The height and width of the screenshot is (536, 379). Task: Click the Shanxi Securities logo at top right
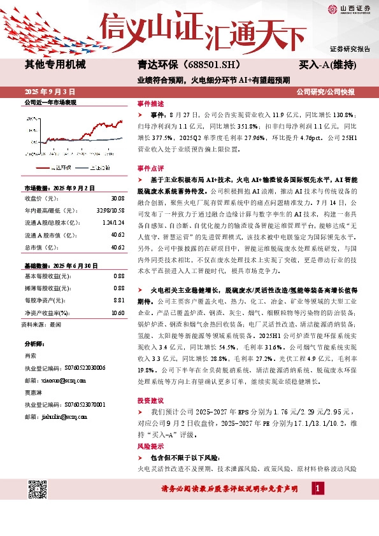(x=348, y=8)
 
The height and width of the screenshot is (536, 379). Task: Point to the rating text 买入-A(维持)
(x=327, y=65)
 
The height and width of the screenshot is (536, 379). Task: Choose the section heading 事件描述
(x=150, y=102)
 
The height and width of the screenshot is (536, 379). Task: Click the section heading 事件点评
(x=150, y=167)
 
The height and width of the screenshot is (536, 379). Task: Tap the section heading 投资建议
(x=150, y=400)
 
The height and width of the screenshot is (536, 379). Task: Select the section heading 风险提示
(x=150, y=446)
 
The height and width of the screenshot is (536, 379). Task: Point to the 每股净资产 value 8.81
(x=118, y=282)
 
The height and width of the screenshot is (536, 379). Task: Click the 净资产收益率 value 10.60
(x=117, y=295)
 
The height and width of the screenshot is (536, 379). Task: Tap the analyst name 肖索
(x=30, y=355)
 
